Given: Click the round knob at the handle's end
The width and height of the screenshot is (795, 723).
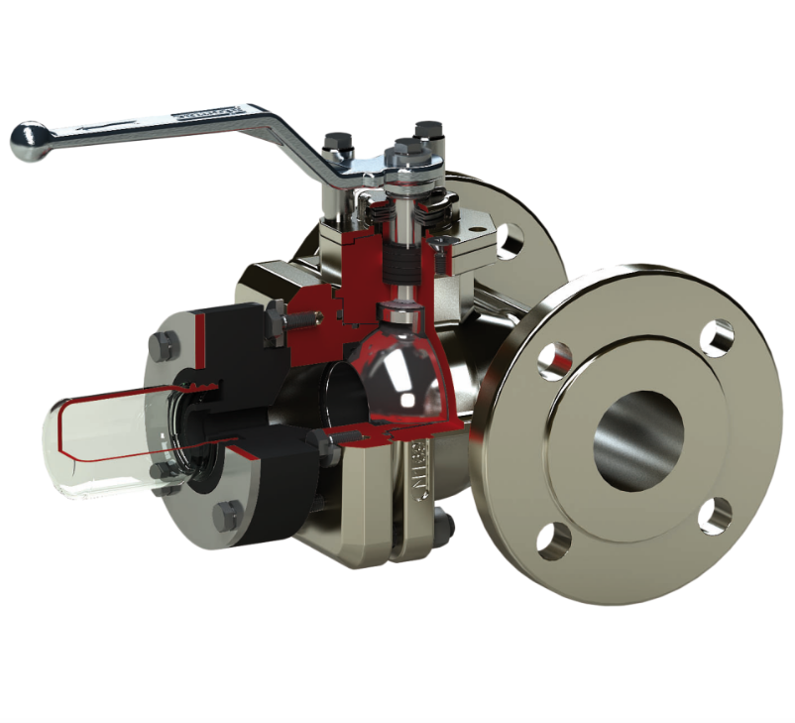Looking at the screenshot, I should tap(29, 141).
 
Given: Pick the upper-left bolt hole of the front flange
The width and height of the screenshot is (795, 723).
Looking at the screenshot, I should tap(554, 361).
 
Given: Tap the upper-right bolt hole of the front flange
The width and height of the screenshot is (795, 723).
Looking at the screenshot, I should tap(716, 337).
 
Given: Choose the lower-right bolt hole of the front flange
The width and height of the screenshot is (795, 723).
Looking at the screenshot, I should tap(714, 516).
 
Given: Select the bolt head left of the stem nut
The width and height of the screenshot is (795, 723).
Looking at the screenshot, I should tap(338, 145).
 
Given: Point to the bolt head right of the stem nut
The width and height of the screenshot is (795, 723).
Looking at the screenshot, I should tap(428, 131).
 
